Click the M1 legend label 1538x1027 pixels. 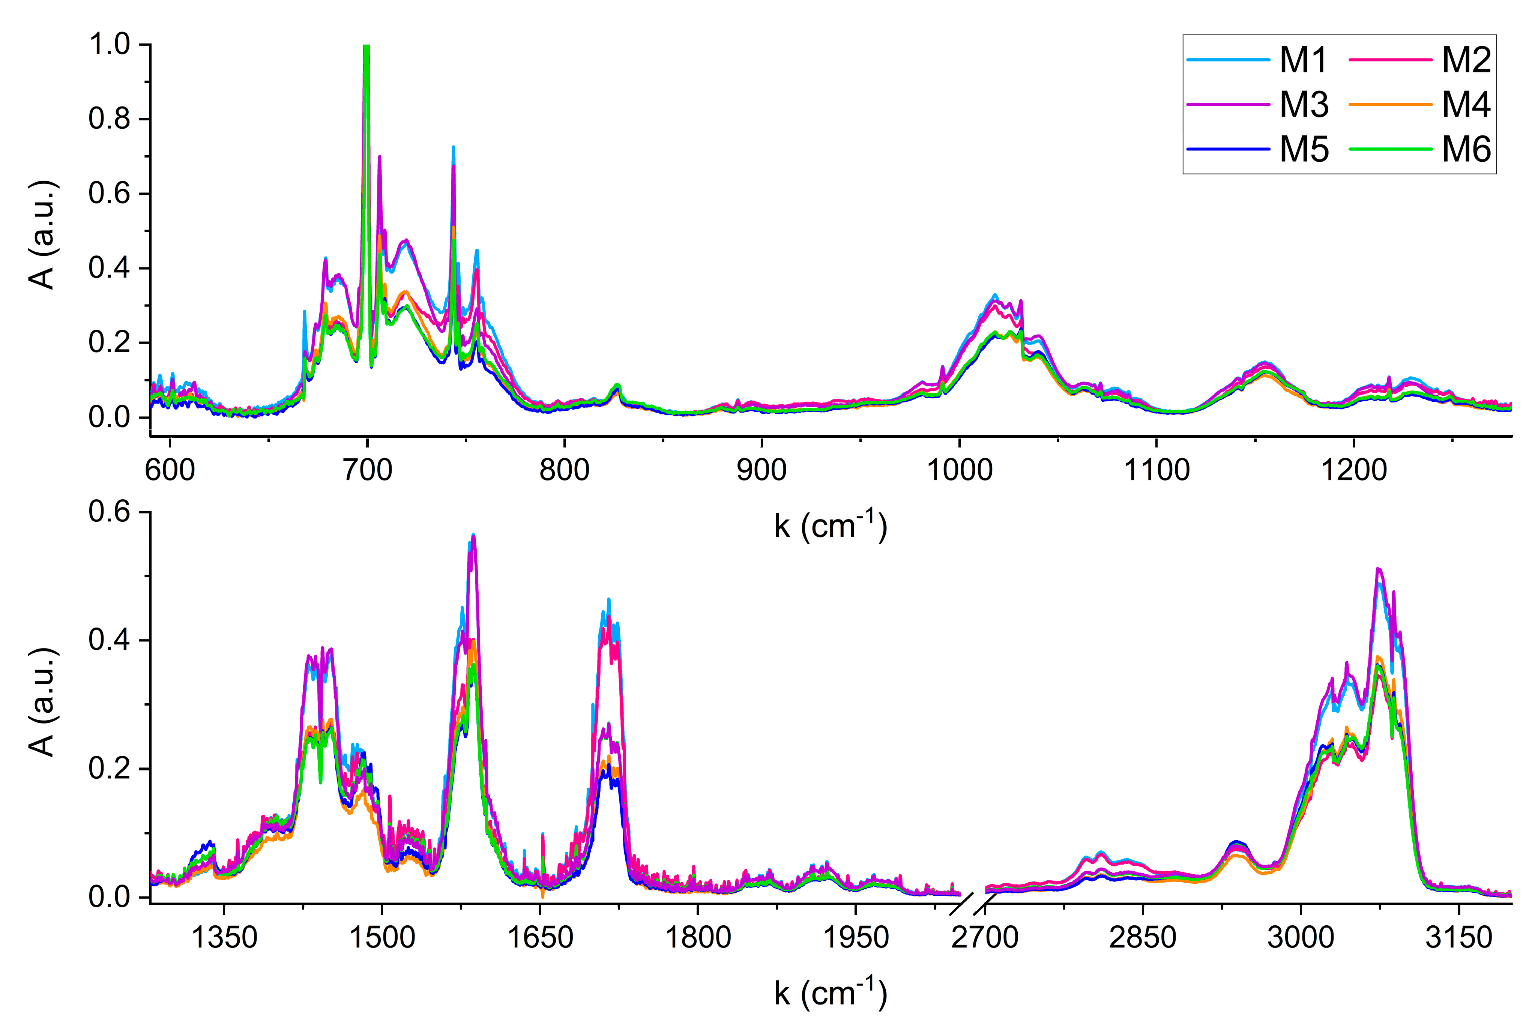coord(1304,60)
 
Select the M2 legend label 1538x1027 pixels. coord(1466,60)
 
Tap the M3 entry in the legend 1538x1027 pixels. coord(1304,105)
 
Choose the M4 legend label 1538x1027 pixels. coord(1466,105)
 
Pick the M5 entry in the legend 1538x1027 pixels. coord(1304,150)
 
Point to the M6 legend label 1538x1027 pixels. coord(1466,150)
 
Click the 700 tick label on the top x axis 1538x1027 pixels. coord(368,470)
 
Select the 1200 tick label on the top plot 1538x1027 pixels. coord(1354,470)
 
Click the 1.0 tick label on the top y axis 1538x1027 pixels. coord(110,45)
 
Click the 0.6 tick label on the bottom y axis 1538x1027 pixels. coord(110,512)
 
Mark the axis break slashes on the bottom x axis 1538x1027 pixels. coord(972,904)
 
